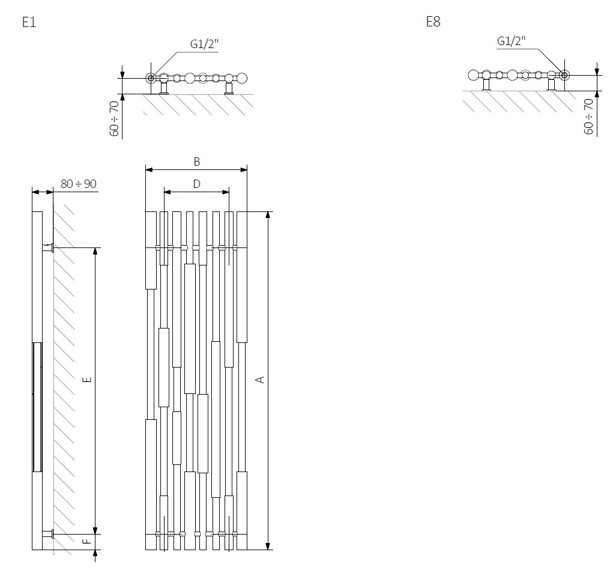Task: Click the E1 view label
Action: tap(29, 23)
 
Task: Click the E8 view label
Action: tap(433, 22)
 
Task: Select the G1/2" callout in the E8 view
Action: tap(512, 41)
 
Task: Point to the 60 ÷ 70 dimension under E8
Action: tap(588, 116)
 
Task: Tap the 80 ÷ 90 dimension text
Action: tap(79, 184)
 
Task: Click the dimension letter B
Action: tap(196, 162)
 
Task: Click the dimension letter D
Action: tap(196, 184)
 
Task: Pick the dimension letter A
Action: tap(260, 380)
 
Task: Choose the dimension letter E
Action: tap(87, 380)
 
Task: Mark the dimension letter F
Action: tap(87, 541)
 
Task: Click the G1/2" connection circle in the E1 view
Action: tap(151, 77)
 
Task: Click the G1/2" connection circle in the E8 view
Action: tap(564, 74)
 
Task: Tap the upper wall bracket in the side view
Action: tap(48, 247)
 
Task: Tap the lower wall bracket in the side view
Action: tap(48, 533)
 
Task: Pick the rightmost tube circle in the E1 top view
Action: tap(242, 77)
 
